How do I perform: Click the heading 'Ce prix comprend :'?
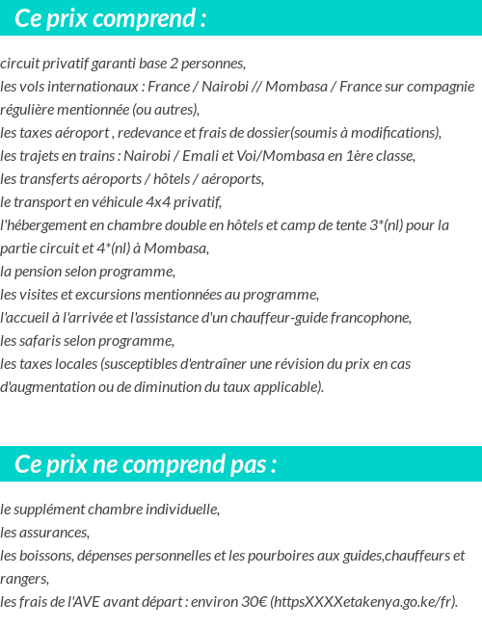110,19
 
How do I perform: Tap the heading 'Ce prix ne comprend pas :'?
146,465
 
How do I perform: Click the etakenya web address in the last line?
364,602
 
